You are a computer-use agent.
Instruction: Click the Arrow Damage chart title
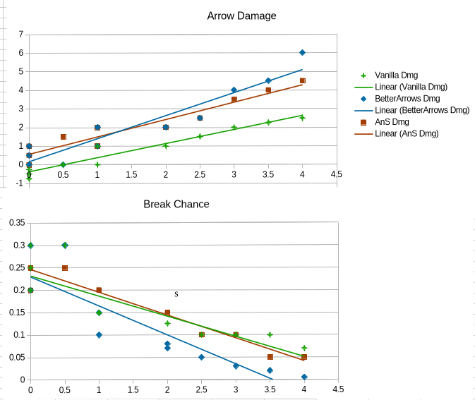(x=241, y=16)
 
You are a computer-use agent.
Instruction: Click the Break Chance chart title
(x=176, y=204)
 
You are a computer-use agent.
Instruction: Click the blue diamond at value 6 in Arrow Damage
(x=302, y=53)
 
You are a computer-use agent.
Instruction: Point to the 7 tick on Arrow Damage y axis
(x=21, y=35)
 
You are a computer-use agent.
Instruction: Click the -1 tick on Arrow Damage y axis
(x=19, y=183)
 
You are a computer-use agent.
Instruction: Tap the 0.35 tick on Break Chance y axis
(x=17, y=223)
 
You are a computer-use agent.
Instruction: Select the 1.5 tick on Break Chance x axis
(x=133, y=389)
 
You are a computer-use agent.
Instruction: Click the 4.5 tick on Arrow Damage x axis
(x=337, y=174)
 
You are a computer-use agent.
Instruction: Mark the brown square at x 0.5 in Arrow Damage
(x=64, y=137)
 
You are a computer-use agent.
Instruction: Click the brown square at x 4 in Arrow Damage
(x=302, y=80)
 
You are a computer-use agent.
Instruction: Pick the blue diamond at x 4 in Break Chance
(x=304, y=377)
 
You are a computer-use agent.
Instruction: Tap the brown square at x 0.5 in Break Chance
(x=65, y=268)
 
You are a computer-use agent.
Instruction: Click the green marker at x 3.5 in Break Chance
(x=270, y=334)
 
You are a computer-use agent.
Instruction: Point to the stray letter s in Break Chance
(x=176, y=294)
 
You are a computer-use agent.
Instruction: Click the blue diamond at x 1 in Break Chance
(x=99, y=335)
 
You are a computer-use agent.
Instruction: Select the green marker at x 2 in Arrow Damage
(x=166, y=146)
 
